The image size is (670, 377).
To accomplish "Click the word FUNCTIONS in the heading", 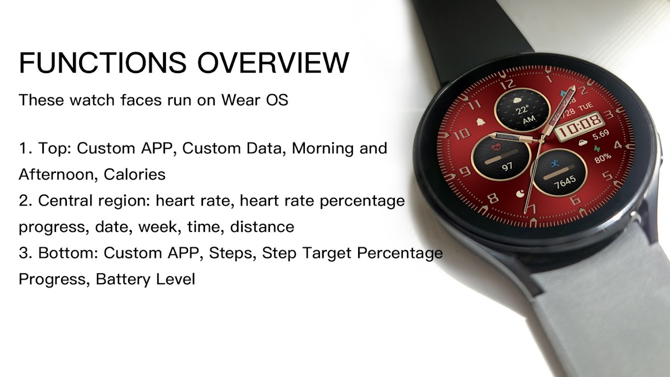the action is click(x=103, y=63).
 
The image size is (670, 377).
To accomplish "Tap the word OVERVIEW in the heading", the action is click(x=273, y=63).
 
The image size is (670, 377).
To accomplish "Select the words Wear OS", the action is click(x=254, y=99).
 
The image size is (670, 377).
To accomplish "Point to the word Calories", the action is click(x=135, y=174).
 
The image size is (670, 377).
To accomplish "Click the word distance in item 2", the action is click(x=262, y=227).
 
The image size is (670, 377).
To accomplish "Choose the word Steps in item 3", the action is click(x=232, y=254).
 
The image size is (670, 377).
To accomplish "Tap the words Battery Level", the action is click(x=146, y=279).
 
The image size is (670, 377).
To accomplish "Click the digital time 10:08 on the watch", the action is click(x=580, y=126).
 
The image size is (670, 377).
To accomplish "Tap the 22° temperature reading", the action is click(x=522, y=110).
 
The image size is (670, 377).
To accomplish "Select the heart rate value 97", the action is click(x=507, y=166).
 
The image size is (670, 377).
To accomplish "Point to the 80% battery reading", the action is click(x=603, y=158).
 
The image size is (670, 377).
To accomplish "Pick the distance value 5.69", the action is click(x=601, y=135).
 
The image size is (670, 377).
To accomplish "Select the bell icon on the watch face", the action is click(x=481, y=122).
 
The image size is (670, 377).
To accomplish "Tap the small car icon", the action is click(x=583, y=143).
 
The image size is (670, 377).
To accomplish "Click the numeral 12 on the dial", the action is click(x=507, y=84).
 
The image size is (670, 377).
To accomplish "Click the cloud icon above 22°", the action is click(x=517, y=100).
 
